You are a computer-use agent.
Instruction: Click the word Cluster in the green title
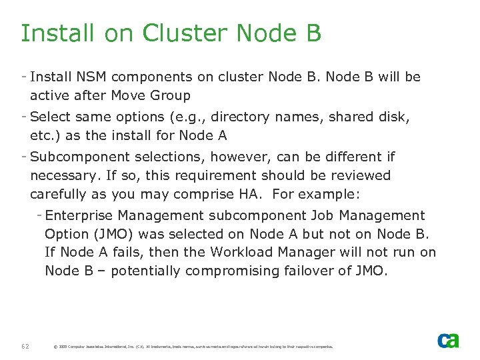coord(176,33)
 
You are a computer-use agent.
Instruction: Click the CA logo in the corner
coord(448,341)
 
